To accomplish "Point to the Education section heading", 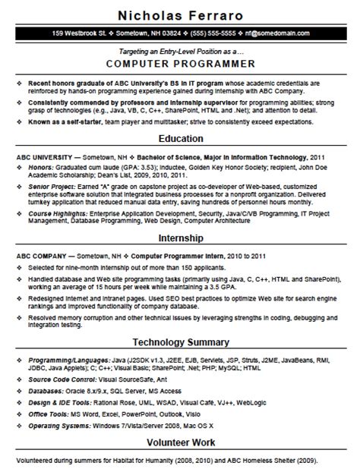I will pos(179,139).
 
